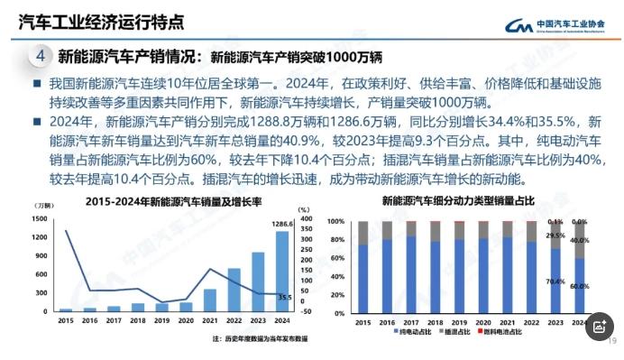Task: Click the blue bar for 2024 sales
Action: coord(281,271)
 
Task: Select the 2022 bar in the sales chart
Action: coord(234,290)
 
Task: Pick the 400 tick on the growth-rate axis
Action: coord(307,218)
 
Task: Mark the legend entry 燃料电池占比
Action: coord(518,333)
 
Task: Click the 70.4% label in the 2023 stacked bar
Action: coord(555,282)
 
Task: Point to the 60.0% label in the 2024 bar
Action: coord(580,286)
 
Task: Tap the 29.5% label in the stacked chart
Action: coord(555,235)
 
